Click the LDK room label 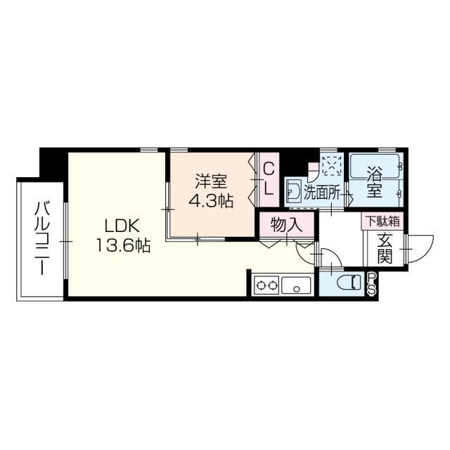coord(124,227)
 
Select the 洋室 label coord(211,181)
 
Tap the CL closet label coord(268,179)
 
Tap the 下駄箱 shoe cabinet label coord(381,221)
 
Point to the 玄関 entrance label coord(384,247)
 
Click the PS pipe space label coord(371,283)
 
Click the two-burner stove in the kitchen coord(266,286)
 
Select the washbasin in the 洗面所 coord(293,190)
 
